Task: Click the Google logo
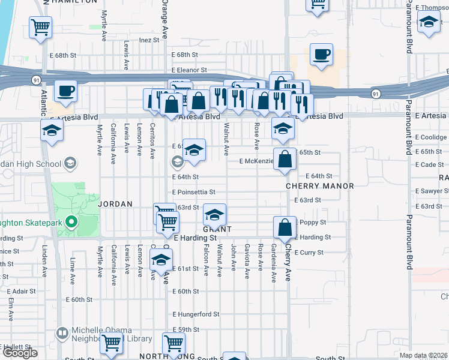tap(20, 353)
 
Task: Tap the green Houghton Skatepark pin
tap(71, 223)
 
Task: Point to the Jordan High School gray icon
tap(70, 163)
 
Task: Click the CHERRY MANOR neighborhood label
tap(310, 186)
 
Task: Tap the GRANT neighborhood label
tap(217, 229)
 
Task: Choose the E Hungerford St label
tap(196, 314)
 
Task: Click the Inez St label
tap(149, 40)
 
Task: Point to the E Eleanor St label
tap(188, 70)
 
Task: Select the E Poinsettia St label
tap(194, 192)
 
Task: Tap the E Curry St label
tap(309, 253)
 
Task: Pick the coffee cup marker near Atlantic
tap(65, 91)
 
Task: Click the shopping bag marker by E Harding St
tap(285, 227)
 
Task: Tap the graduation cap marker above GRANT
tap(214, 214)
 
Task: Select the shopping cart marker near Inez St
tap(40, 26)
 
